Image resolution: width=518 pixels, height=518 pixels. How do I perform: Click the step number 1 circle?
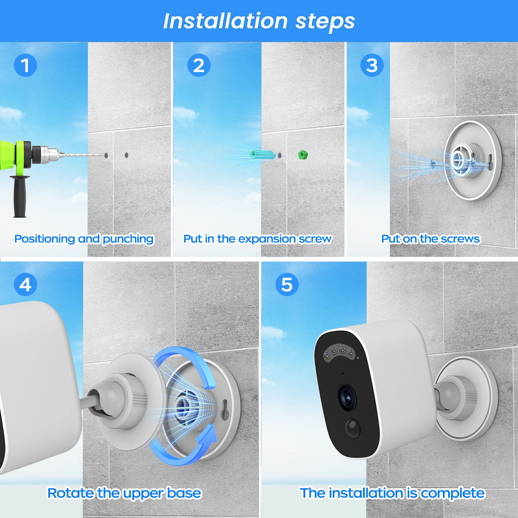[x=25, y=65]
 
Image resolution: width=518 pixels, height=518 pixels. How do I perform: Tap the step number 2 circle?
[x=199, y=65]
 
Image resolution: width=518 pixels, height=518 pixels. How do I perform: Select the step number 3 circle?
[x=372, y=65]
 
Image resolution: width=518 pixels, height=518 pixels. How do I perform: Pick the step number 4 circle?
[x=25, y=284]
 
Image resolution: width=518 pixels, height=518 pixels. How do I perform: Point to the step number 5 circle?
[x=287, y=284]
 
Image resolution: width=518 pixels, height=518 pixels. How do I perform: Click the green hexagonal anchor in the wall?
[x=303, y=155]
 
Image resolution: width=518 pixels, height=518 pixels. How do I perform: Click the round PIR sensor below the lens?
[x=352, y=428]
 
